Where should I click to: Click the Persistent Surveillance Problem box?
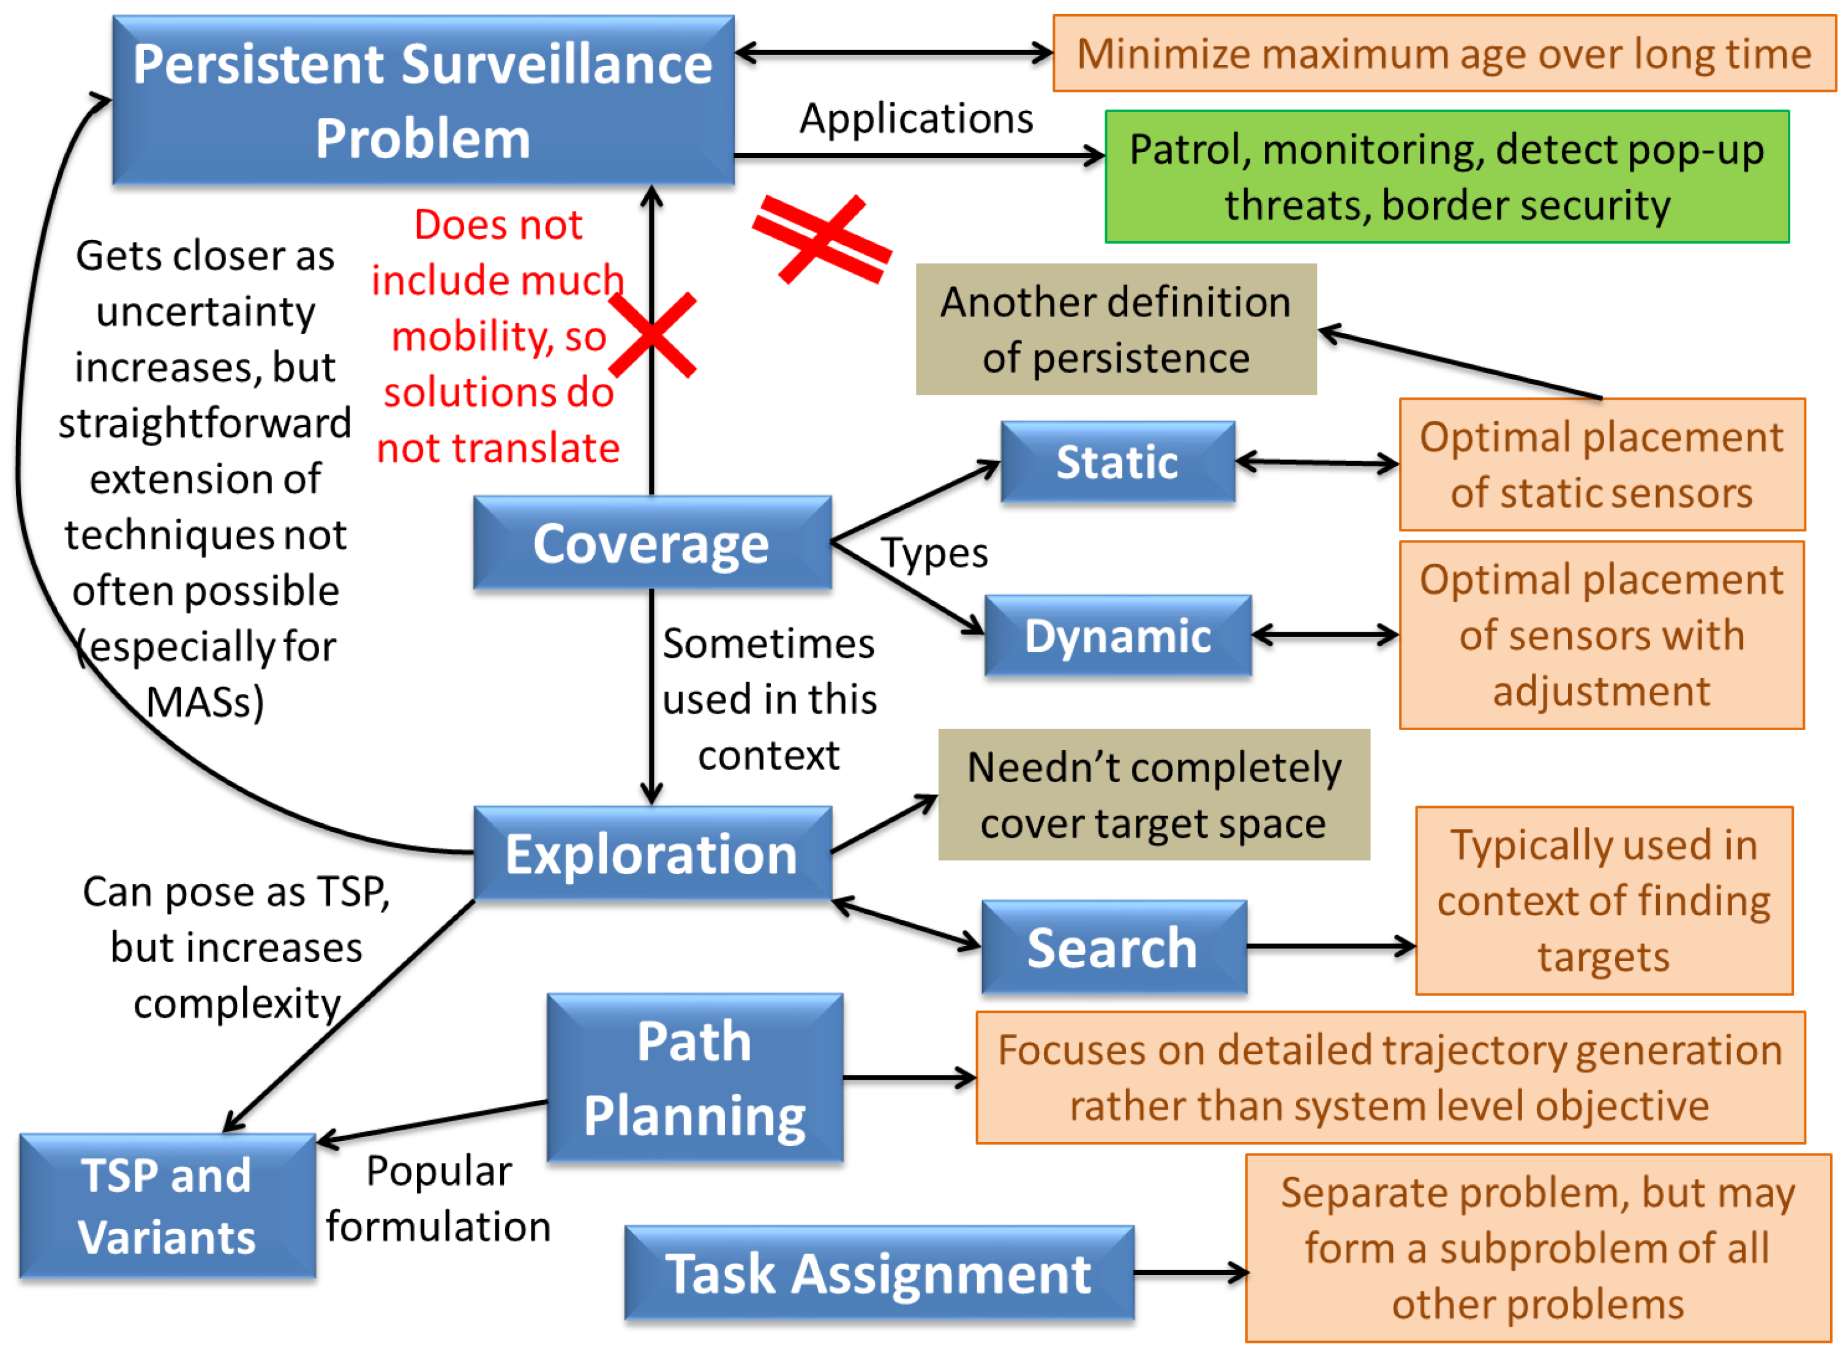coord(422,100)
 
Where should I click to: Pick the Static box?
coord(1117,462)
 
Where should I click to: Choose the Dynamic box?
coord(1117,635)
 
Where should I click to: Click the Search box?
coord(1112,947)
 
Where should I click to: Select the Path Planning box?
coord(694,1078)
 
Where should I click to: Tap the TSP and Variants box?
coord(167,1206)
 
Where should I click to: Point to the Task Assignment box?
coord(878,1274)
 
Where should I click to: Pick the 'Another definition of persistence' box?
coord(1115,329)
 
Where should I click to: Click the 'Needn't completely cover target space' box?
coord(1153,794)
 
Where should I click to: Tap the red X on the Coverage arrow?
coord(652,335)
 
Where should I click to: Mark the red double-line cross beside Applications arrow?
coord(822,239)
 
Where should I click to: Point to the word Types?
coord(934,553)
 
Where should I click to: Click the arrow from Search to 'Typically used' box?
coord(1330,947)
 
